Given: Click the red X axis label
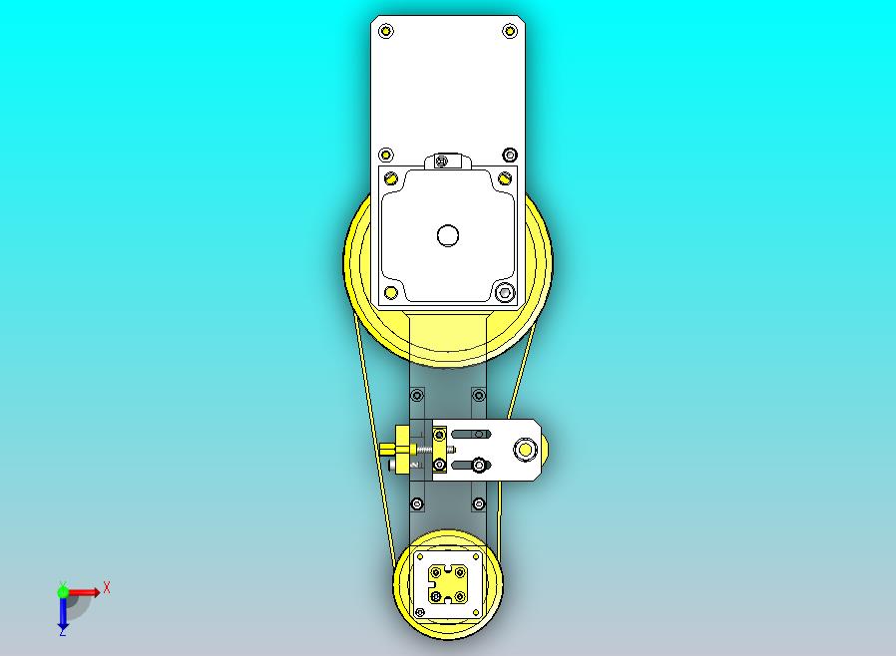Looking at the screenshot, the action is click(107, 587).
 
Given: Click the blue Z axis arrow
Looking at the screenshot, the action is click(62, 614).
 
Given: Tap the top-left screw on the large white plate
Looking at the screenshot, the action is click(386, 30).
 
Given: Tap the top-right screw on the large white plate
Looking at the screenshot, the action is click(510, 30).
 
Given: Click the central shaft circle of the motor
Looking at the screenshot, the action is click(448, 235).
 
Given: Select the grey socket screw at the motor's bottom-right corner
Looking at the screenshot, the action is click(504, 293).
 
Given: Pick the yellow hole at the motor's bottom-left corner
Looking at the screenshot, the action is click(391, 293).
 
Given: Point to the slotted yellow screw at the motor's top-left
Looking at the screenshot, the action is click(391, 177).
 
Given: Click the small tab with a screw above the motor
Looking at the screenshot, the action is click(447, 161).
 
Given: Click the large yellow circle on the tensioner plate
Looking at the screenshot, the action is click(525, 450).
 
